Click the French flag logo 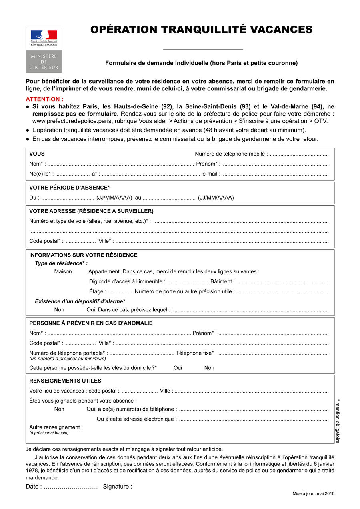point(44,35)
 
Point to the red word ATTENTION point(44,99)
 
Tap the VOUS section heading point(37,154)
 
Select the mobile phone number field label point(231,154)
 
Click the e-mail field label point(211,174)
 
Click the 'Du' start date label point(34,198)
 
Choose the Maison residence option point(63,271)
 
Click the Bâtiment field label point(222,281)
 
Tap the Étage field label point(98,291)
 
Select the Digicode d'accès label point(126,281)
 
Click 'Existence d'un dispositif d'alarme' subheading point(80,301)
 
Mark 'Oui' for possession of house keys point(178,368)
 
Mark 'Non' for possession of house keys point(209,368)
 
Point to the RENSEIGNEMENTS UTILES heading point(65,381)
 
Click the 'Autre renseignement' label point(56,427)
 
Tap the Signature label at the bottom point(117,487)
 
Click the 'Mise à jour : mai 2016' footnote point(313,494)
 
